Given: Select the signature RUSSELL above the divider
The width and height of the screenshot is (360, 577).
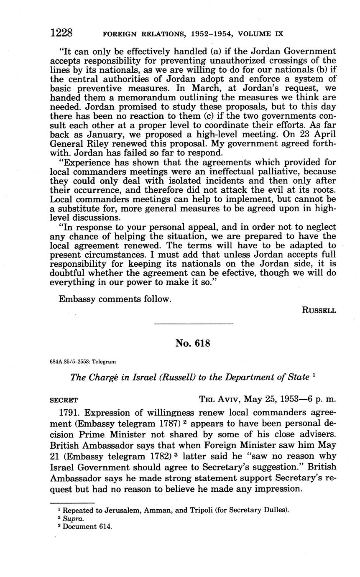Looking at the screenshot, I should [x=319, y=311].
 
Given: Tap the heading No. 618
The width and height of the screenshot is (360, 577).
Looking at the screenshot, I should [x=193, y=343].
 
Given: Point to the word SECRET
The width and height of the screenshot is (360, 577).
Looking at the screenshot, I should [x=64, y=400].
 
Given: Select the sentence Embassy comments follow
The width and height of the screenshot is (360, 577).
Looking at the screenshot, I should [x=115, y=299].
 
